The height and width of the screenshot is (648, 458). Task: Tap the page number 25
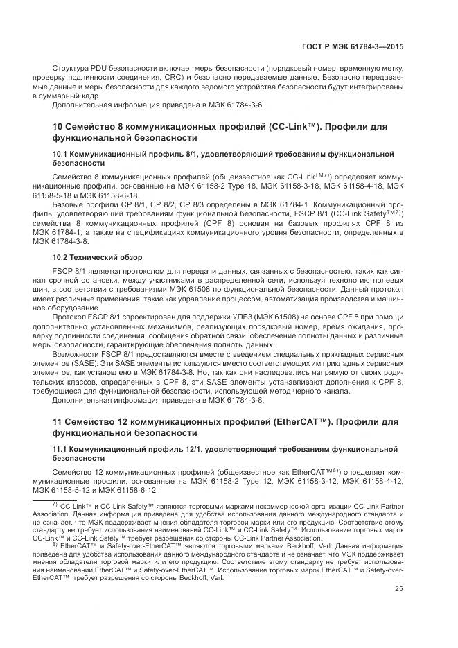coord(399,589)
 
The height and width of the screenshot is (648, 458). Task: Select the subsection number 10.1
coord(60,152)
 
